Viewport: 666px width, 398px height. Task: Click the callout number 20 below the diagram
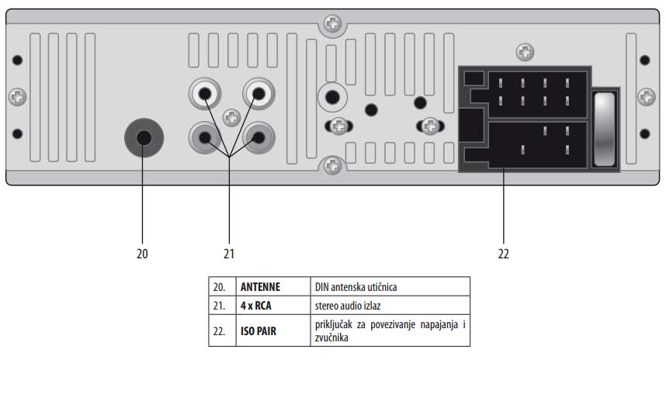point(142,253)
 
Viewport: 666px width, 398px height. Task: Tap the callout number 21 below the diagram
point(229,253)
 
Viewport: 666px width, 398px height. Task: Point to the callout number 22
point(504,253)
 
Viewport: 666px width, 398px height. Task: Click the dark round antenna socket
point(144,137)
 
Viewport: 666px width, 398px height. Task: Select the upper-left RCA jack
point(206,95)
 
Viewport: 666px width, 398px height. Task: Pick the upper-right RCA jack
point(256,95)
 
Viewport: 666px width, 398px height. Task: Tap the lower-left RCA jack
point(206,139)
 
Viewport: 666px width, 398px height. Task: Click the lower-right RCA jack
point(256,139)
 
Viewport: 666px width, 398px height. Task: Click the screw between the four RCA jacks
point(231,117)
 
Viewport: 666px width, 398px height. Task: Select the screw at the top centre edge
point(332,23)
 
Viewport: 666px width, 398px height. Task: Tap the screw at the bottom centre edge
point(332,165)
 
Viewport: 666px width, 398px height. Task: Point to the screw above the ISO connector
point(525,53)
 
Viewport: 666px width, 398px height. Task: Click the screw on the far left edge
point(17,97)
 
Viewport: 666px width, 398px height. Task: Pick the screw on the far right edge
point(646,97)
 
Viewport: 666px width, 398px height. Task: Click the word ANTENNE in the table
point(260,286)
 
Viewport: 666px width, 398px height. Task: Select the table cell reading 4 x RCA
point(256,305)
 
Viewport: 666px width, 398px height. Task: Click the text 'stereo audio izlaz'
point(348,305)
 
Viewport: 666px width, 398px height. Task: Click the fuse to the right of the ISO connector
point(604,129)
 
